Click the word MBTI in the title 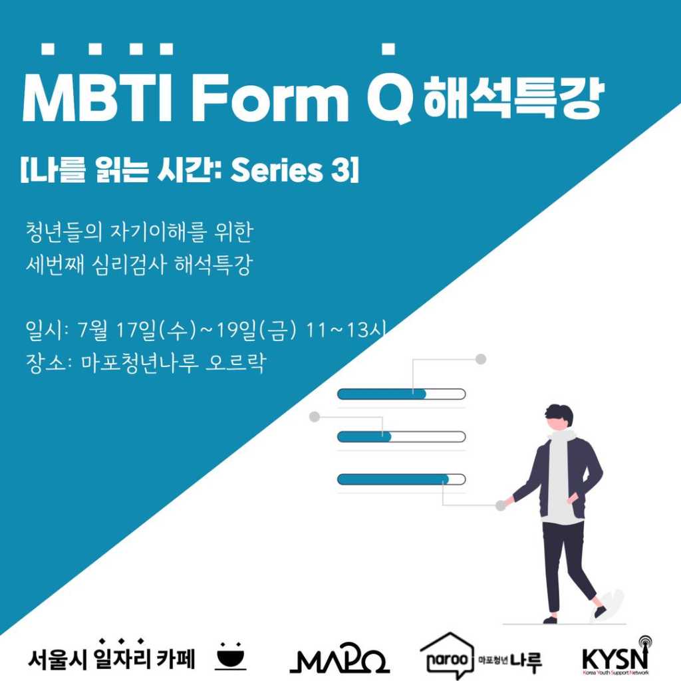100,97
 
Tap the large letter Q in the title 390,98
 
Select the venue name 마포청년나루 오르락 173,364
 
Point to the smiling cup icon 231,655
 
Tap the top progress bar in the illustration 401,394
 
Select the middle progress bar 401,437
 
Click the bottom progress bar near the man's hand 401,479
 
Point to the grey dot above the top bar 481,359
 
